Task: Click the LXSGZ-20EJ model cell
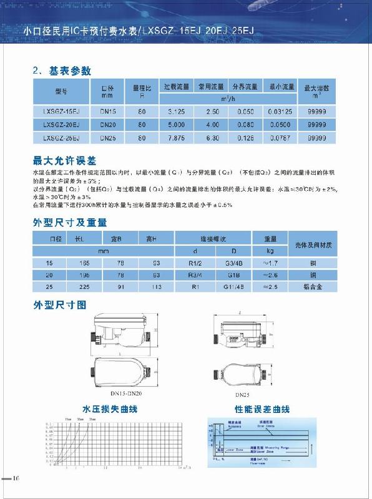click(61, 125)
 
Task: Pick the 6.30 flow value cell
click(210, 137)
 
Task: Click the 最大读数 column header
click(316, 91)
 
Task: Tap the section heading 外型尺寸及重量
click(69, 222)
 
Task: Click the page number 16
click(16, 478)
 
